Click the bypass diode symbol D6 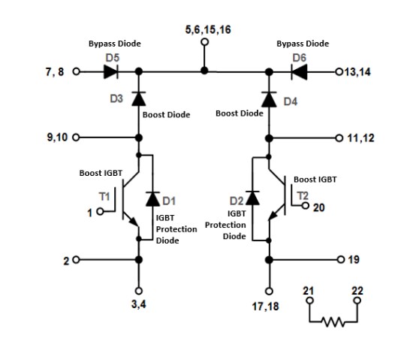coord(298,72)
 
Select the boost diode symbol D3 coord(138,98)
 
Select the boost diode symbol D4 coord(268,98)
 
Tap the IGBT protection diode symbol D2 coord(253,199)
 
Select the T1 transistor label coord(104,196)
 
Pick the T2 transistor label coord(302,195)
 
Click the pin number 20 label coord(318,207)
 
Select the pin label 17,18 coord(268,307)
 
